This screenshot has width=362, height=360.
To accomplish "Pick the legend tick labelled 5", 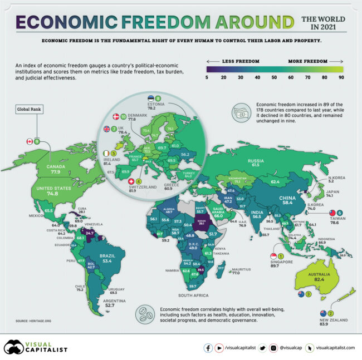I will pos(207,77).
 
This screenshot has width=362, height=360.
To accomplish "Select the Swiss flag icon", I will pos(131,181).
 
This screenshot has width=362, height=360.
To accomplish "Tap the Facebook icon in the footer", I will pos(208,348).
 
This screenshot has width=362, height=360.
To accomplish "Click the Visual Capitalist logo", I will pos(36,347).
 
